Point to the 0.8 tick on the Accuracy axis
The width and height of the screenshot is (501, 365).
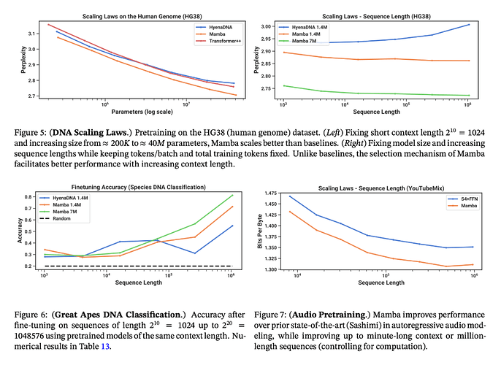(x=37, y=197)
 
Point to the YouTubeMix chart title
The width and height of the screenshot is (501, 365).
(x=376, y=188)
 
